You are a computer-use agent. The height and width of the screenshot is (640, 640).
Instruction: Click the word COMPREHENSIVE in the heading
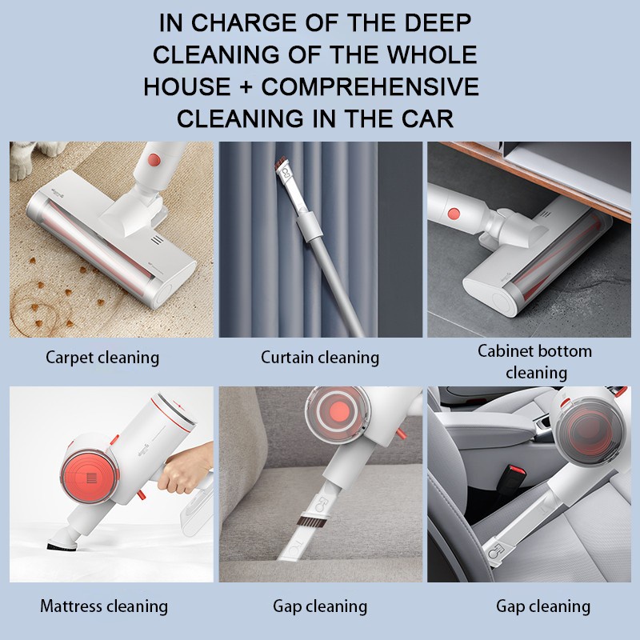pyautogui.click(x=370, y=86)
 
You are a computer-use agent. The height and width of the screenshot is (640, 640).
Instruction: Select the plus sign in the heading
pyautogui.click(x=246, y=87)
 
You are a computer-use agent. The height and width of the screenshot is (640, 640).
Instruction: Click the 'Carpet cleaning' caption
pyautogui.click(x=102, y=358)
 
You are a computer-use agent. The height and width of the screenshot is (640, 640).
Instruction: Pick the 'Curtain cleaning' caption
pyautogui.click(x=320, y=358)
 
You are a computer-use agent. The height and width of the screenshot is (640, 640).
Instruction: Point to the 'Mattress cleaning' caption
pyautogui.click(x=104, y=606)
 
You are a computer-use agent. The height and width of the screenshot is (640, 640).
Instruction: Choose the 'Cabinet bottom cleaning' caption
pyautogui.click(x=535, y=362)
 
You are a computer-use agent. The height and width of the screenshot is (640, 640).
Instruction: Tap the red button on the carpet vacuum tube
pyautogui.click(x=154, y=159)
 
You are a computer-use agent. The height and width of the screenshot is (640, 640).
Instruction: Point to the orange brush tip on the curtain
pyautogui.click(x=279, y=165)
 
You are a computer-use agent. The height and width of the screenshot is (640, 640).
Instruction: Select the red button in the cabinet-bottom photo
pyautogui.click(x=454, y=213)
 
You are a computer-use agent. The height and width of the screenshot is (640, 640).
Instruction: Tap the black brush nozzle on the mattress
pyautogui.click(x=62, y=546)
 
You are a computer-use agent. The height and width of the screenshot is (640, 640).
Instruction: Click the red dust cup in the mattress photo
pyautogui.click(x=90, y=476)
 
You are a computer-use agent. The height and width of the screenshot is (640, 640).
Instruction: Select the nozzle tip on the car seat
pyautogui.click(x=496, y=554)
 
